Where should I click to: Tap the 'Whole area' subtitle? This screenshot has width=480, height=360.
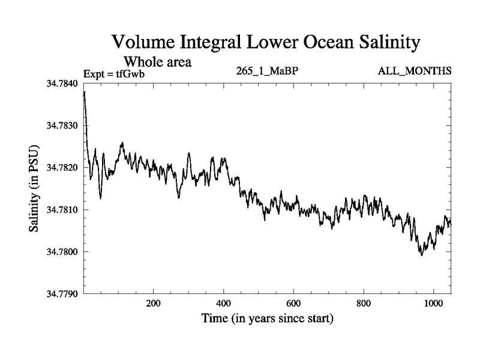pyautogui.click(x=158, y=62)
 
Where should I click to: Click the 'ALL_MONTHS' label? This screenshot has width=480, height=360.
pyautogui.click(x=414, y=71)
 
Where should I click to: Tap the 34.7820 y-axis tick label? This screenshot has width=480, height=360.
pyautogui.click(x=62, y=167)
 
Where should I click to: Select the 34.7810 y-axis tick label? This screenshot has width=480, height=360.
pyautogui.click(x=62, y=210)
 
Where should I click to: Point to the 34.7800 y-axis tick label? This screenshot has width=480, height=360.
pyautogui.click(x=62, y=252)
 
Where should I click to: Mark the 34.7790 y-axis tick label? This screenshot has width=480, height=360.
pyautogui.click(x=62, y=294)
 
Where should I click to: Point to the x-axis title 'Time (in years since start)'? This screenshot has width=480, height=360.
pyautogui.click(x=267, y=319)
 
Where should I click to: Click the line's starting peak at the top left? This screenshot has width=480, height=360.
pyautogui.click(x=85, y=92)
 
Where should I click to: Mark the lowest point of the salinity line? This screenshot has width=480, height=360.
pyautogui.click(x=422, y=256)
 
